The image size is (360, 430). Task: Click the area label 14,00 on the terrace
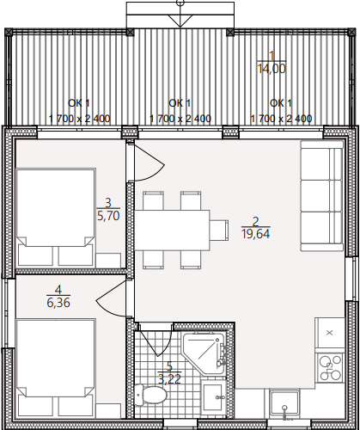point(272,69)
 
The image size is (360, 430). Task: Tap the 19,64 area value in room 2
point(256,234)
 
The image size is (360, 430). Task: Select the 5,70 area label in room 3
point(108,216)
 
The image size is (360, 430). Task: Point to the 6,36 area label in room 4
point(58,303)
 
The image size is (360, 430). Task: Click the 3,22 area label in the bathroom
point(169,379)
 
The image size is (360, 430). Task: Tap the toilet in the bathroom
point(150,395)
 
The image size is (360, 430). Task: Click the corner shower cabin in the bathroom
point(204,353)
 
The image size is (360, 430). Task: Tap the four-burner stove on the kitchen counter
point(330,368)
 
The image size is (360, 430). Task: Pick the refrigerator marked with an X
point(330,333)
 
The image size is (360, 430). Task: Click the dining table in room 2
point(172,230)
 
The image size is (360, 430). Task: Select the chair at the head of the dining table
point(219,230)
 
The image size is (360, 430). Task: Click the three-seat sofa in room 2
point(322,196)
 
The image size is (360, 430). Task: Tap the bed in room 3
point(56,218)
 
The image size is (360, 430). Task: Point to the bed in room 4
point(56,368)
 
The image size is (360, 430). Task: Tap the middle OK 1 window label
point(180,103)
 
